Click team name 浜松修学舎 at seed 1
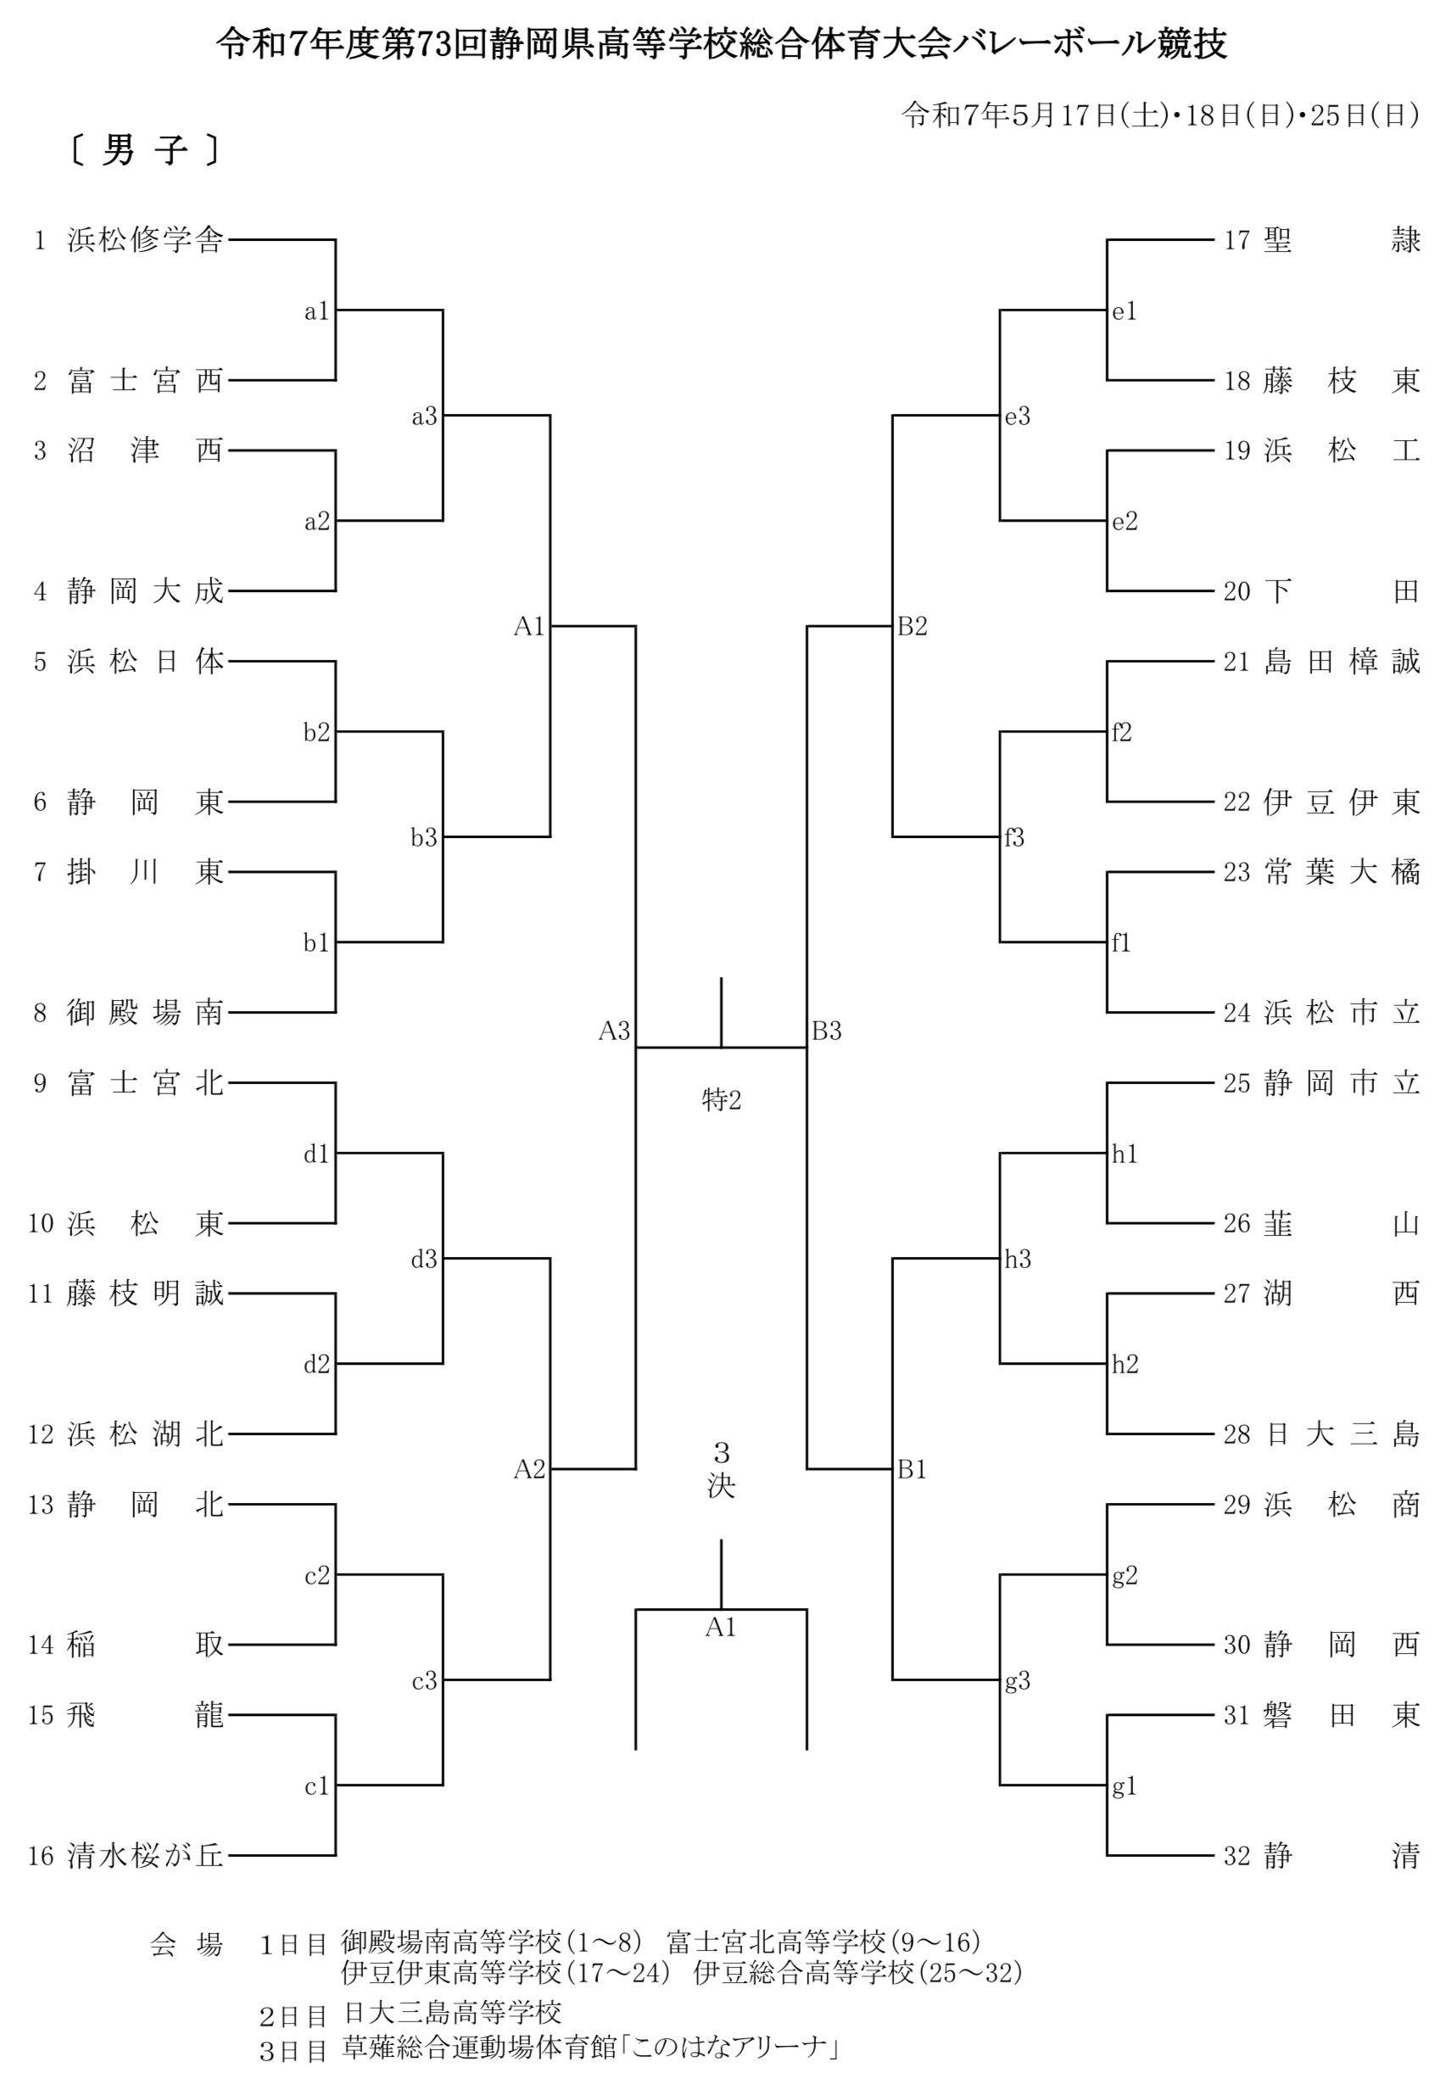(x=145, y=241)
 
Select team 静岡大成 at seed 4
(x=145, y=592)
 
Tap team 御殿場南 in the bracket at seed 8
(x=145, y=1013)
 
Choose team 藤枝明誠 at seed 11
(x=145, y=1293)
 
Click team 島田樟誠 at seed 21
(x=1343, y=662)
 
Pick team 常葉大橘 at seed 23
(x=1343, y=872)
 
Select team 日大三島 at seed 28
(x=1343, y=1434)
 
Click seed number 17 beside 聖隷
(x=1237, y=241)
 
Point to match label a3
(x=425, y=416)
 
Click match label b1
(x=316, y=943)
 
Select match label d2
(x=316, y=1364)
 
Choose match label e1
(x=1125, y=311)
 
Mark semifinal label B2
(x=912, y=626)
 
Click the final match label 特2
(x=722, y=1100)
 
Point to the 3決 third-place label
(x=722, y=1470)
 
